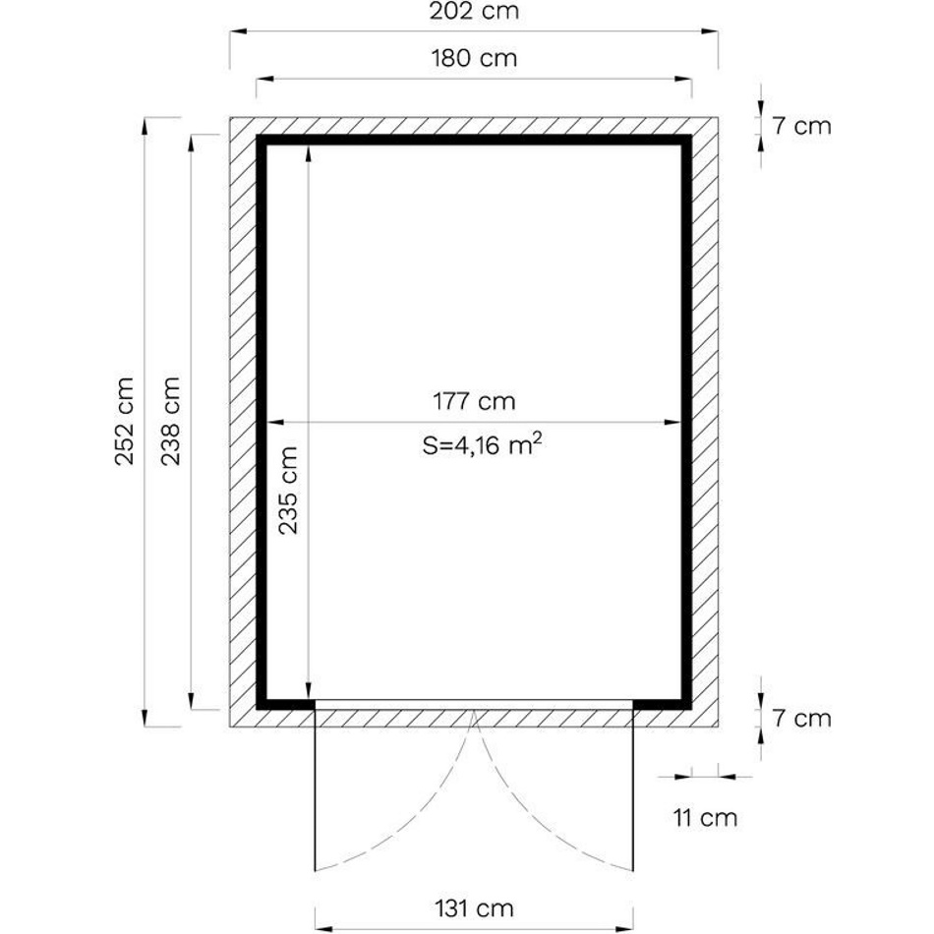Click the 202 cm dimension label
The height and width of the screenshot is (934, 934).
point(474,11)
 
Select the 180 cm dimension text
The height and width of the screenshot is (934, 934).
point(474,58)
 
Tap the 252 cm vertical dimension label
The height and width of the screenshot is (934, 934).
point(125,421)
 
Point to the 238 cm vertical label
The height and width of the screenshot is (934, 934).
point(170,421)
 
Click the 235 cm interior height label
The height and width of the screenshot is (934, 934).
point(288,491)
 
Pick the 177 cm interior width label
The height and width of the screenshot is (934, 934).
point(474,401)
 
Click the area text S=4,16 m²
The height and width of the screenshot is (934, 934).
point(482,444)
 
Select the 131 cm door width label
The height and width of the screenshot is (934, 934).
point(474,908)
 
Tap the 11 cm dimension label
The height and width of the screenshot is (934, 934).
point(705,818)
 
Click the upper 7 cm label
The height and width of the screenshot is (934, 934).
point(801,126)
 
